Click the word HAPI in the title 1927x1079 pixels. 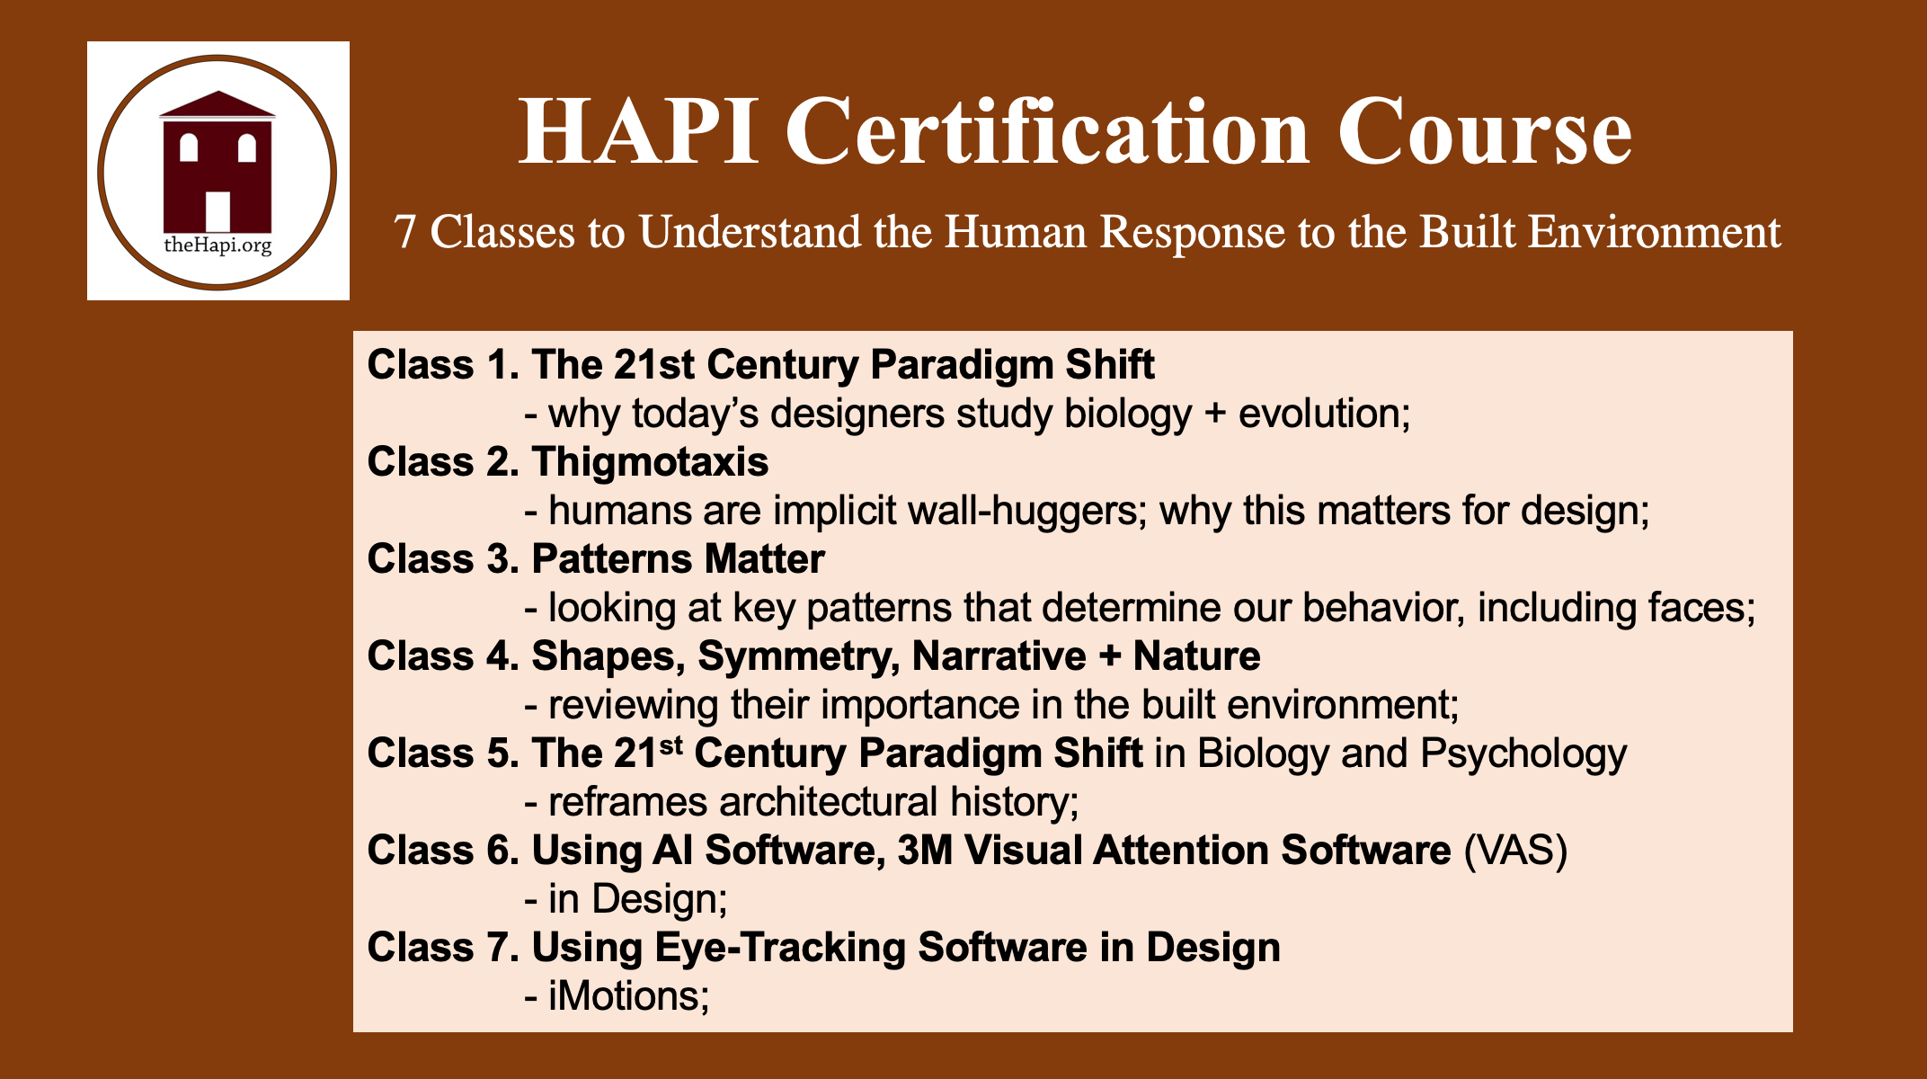tap(639, 134)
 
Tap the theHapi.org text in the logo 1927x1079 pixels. tap(218, 245)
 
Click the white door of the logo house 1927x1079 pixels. tap(218, 211)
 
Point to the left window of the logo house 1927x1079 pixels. tap(189, 147)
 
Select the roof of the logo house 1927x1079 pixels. tap(218, 105)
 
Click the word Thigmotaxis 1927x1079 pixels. tap(650, 462)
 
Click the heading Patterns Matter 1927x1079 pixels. tap(678, 559)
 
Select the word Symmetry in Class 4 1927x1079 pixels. tap(799, 656)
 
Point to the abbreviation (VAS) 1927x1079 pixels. tap(1515, 851)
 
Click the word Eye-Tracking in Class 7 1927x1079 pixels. tap(779, 948)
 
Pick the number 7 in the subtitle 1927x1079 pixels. tap(405, 233)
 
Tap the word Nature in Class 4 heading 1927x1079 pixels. tap(1196, 656)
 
